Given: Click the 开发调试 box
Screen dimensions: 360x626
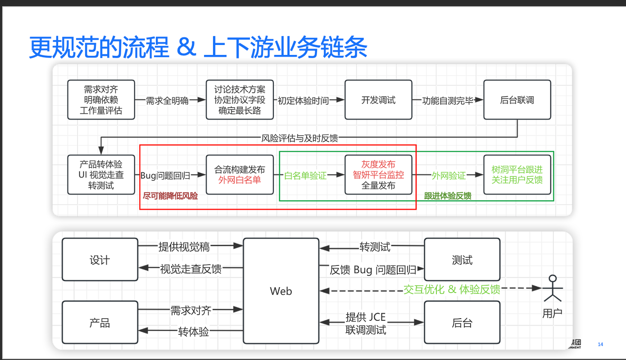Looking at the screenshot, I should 378,100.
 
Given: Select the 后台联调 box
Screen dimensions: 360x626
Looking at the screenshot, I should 517,100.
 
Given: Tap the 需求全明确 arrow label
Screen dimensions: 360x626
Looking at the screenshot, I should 167,101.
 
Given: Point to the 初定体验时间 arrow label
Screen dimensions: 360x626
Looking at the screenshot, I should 303,101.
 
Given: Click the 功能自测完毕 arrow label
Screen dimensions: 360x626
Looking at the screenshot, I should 448,101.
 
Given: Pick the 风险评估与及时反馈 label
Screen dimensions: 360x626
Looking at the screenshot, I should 299,138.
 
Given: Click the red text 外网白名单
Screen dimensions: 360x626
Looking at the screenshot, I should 240,180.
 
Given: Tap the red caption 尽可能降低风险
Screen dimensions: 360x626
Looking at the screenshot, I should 170,196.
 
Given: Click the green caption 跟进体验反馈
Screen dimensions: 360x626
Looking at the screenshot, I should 448,196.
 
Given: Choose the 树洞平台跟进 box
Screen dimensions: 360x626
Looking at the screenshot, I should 517,175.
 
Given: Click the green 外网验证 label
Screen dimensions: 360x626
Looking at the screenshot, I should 449,176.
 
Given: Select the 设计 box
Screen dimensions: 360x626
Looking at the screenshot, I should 100,260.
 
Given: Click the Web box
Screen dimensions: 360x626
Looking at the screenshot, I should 281,291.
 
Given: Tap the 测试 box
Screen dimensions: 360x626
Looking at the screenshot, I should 462,260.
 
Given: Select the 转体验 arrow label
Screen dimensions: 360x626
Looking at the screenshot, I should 194,332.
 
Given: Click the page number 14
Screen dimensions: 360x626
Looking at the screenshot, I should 600,344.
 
